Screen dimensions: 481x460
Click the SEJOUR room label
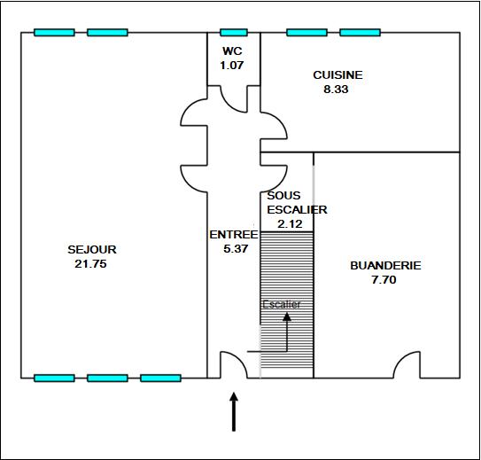[x=92, y=249]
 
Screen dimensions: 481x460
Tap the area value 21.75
[x=91, y=264]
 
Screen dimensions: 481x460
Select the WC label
[x=232, y=51]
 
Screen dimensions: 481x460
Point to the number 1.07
[x=232, y=65]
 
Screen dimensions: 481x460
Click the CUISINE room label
[x=337, y=75]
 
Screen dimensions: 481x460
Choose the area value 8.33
[x=336, y=90]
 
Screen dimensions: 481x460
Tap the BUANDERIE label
[x=385, y=265]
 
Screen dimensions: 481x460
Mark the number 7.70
[x=384, y=280]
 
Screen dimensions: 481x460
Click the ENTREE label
[x=234, y=235]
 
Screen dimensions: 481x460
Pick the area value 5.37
[x=236, y=248]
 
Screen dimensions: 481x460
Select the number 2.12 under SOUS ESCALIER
[x=290, y=224]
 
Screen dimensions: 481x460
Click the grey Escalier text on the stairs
[x=282, y=304]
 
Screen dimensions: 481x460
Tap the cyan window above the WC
[x=234, y=33]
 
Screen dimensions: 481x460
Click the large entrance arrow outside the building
[x=234, y=411]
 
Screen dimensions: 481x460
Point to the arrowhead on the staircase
[x=287, y=316]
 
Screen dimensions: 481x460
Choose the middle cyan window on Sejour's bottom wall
[x=107, y=378]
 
